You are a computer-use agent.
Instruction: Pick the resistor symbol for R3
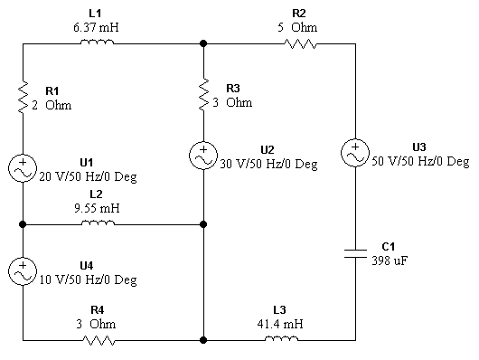click(204, 95)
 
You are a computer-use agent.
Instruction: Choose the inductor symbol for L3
click(280, 340)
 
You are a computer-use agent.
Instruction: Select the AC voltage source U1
click(23, 168)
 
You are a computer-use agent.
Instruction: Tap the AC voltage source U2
click(204, 155)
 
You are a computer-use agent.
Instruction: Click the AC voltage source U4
click(23, 271)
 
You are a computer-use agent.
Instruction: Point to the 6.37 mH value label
click(97, 27)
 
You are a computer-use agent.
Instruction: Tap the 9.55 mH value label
click(96, 207)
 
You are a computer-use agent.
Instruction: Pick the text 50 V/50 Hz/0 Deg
click(421, 161)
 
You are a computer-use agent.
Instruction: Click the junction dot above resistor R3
click(204, 42)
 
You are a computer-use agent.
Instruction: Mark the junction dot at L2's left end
click(23, 224)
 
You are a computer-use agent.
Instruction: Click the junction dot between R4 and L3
click(204, 340)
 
